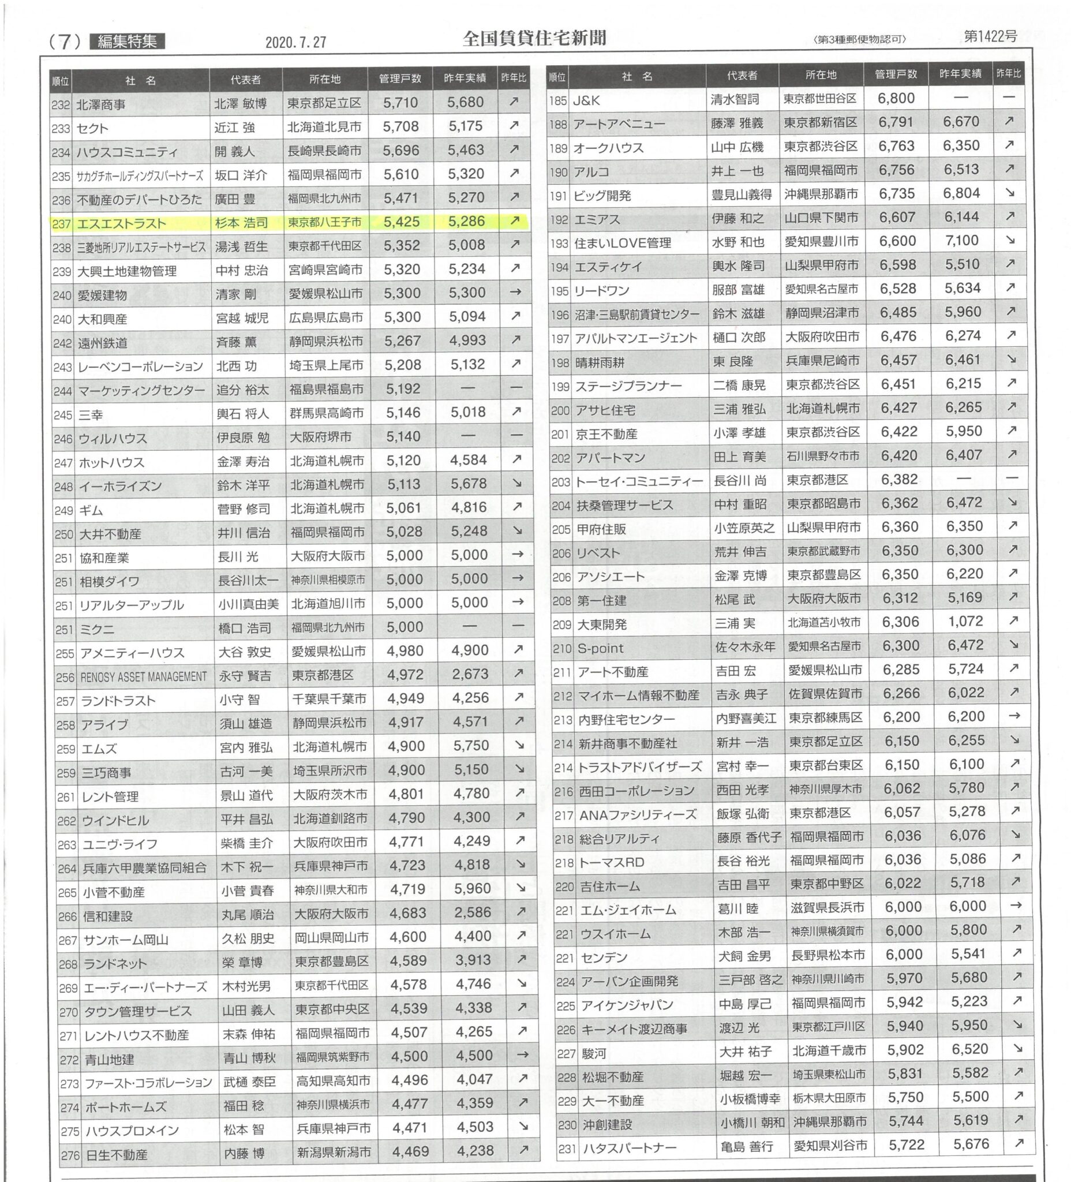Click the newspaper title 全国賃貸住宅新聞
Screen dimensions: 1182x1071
pyautogui.click(x=534, y=39)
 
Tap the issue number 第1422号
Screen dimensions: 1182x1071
pyautogui.click(x=990, y=36)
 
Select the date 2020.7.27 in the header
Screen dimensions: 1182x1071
pyautogui.click(x=295, y=42)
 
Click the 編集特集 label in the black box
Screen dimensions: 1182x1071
pyautogui.click(x=127, y=42)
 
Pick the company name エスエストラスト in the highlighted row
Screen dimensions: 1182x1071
pyautogui.click(x=122, y=223)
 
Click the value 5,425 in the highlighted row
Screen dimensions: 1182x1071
pyautogui.click(x=402, y=222)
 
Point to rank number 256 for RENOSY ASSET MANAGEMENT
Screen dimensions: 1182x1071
pyautogui.click(x=66, y=677)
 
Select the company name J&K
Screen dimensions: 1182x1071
pyautogui.click(x=586, y=100)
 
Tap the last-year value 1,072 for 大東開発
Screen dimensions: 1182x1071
pyautogui.click(x=965, y=621)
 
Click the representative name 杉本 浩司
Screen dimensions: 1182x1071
pyautogui.click(x=242, y=223)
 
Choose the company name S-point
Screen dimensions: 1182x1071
pyautogui.click(x=600, y=649)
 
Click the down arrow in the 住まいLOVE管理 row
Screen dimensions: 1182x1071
pyautogui.click(x=1009, y=241)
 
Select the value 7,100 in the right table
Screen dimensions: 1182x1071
pyautogui.click(x=961, y=241)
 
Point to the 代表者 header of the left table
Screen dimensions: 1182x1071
pyautogui.click(x=246, y=80)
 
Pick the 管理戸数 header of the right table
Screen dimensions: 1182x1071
pyautogui.click(x=896, y=75)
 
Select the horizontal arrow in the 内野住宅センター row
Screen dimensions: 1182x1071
pyautogui.click(x=1014, y=716)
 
